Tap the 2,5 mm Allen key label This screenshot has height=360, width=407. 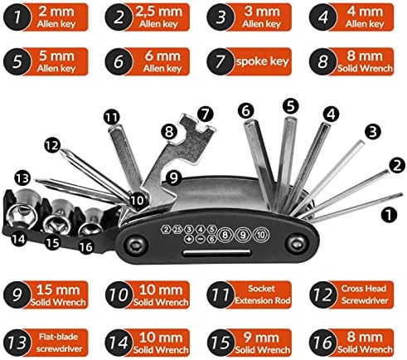coord(158,17)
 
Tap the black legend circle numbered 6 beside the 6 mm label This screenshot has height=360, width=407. coord(119,61)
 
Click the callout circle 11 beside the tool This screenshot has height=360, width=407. coord(112,117)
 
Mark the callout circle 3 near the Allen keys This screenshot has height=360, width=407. coord(373,132)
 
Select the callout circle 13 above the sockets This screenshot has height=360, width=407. coord(22,178)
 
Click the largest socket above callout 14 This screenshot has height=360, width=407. coord(22,209)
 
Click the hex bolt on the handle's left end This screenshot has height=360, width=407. coord(136,245)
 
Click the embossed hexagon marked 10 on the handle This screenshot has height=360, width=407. coord(260,235)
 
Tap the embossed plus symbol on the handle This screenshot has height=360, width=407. coord(189,239)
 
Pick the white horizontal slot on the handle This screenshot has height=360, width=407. coord(217,253)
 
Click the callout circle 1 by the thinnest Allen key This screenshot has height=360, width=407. coord(389,215)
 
